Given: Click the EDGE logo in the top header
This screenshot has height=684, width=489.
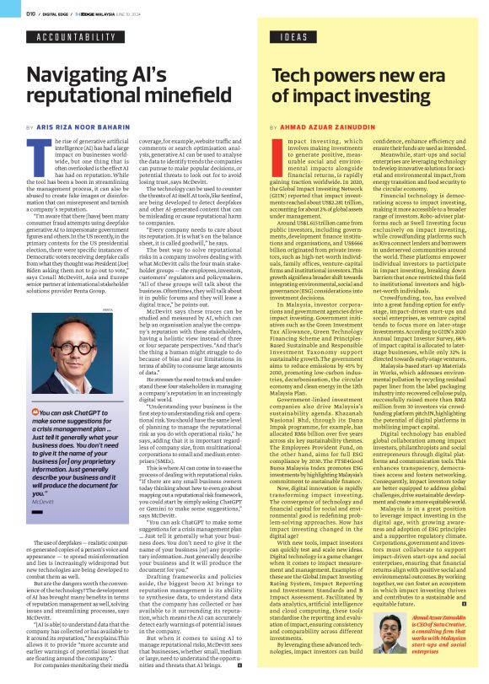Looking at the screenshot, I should (x=88, y=13).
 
